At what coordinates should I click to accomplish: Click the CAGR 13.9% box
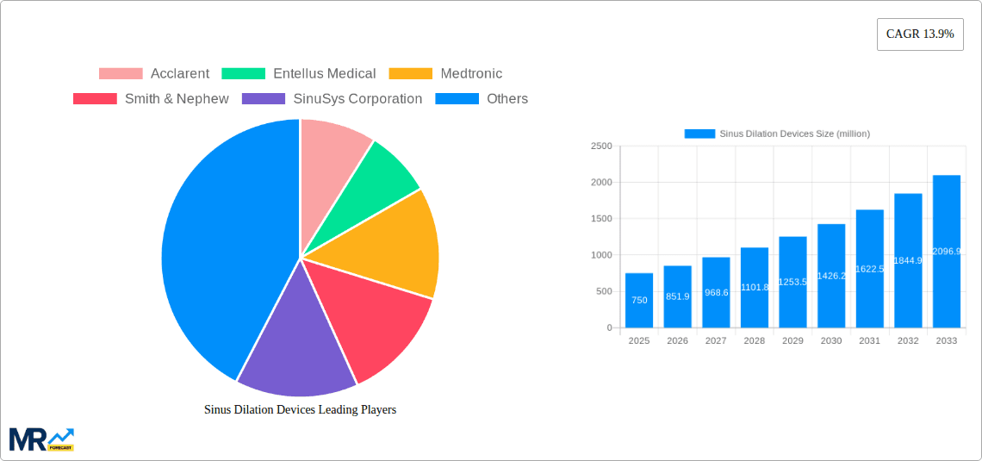coord(919,34)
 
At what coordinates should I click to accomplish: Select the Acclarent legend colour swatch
coord(121,74)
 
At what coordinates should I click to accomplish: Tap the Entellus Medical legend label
coord(324,74)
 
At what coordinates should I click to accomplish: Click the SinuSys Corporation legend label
coord(357,99)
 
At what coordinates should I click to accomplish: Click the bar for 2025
coord(639,301)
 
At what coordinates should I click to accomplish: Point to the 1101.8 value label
coord(755,287)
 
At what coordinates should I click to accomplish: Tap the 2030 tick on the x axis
coord(831,341)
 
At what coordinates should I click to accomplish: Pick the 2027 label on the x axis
coord(716,341)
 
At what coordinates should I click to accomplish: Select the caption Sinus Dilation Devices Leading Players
coord(300,410)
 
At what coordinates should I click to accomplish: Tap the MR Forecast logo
coord(41,439)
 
